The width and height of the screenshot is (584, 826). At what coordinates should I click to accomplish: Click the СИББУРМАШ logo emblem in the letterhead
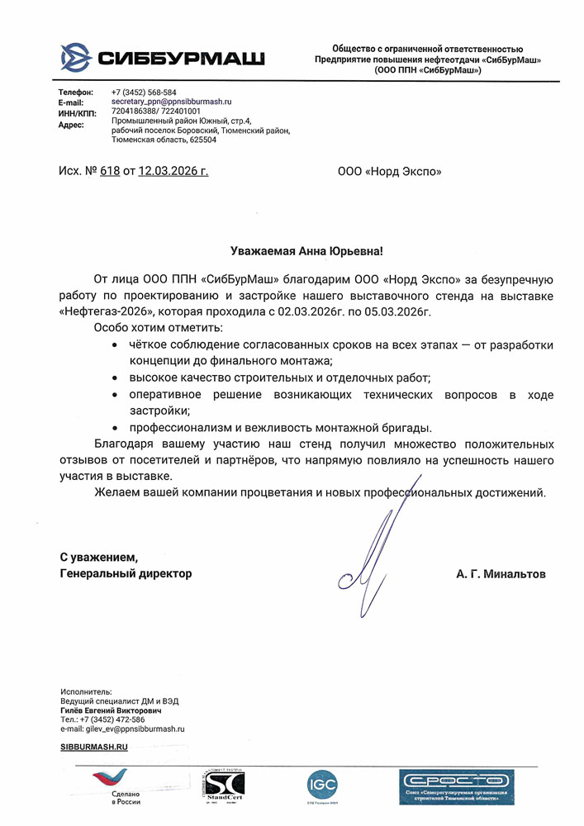click(77, 57)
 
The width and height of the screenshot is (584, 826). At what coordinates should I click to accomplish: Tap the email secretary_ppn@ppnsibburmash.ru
click(171, 101)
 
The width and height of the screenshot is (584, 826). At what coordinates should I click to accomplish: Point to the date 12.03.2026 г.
click(173, 172)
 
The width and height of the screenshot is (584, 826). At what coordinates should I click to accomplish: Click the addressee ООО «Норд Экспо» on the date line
click(389, 172)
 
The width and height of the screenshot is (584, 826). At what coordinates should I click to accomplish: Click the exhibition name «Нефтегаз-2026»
click(94, 311)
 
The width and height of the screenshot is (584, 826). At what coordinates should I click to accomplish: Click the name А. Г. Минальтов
click(501, 573)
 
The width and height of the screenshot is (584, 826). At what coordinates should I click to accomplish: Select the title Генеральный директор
click(126, 573)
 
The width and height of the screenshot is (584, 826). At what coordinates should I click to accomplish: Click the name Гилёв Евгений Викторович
click(111, 710)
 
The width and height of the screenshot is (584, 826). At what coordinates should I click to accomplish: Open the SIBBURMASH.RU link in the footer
click(94, 747)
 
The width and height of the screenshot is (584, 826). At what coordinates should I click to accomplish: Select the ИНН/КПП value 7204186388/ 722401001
click(156, 110)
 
